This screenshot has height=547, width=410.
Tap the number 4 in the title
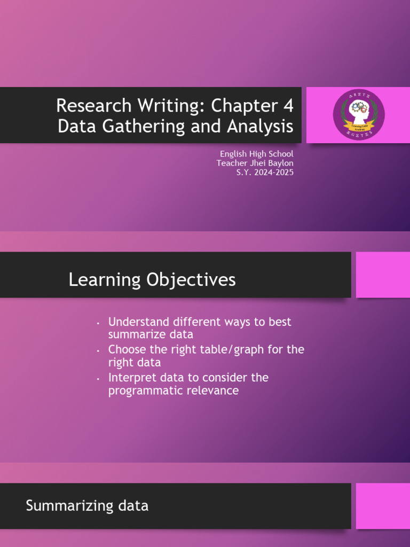[288, 106]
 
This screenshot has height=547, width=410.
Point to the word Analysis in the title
[261, 127]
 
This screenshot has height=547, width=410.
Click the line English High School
[256, 154]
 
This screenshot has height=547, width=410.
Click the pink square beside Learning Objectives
[383, 275]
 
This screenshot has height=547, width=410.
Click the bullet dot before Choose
[98, 351]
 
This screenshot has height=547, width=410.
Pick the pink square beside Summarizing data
[383, 506]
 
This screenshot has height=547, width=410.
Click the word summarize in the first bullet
[132, 335]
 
